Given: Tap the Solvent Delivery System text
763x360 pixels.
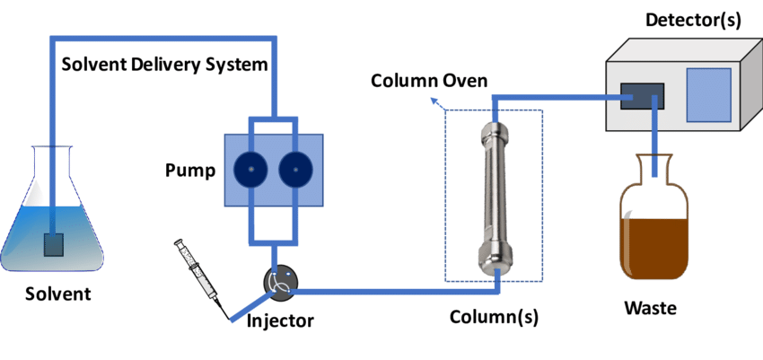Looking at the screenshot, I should pos(164,65).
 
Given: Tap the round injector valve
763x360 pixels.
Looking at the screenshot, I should pos(279,282).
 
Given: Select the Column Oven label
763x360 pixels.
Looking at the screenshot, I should pos(430,81).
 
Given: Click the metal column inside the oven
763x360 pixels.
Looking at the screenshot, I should pos(494,198).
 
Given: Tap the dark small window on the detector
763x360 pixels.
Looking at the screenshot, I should pos(642,97).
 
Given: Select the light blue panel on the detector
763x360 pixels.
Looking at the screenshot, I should pos(708,93).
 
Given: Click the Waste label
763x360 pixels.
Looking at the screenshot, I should pos(651,309).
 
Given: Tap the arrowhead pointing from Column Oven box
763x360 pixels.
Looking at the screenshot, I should pos(436,101).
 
